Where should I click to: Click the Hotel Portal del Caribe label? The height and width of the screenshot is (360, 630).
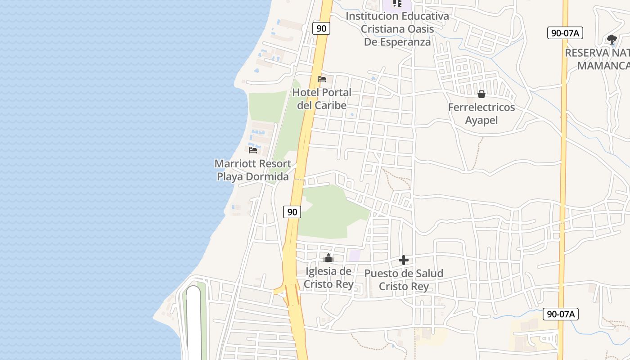pos(322,99)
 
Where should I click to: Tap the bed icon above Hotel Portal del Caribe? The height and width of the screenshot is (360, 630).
pos(322,79)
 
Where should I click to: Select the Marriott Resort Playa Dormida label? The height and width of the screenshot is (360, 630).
pos(253,170)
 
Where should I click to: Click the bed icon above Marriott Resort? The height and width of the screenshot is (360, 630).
pos(253,150)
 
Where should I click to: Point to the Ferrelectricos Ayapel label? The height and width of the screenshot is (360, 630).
pos(481,114)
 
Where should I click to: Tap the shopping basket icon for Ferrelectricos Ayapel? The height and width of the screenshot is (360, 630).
pos(481,94)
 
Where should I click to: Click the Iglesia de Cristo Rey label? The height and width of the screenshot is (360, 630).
pos(328,278)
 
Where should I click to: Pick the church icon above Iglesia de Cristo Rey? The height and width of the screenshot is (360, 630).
pos(328,258)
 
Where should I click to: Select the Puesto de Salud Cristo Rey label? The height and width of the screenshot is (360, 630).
pos(404,280)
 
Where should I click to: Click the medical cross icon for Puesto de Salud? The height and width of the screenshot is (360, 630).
pos(404,260)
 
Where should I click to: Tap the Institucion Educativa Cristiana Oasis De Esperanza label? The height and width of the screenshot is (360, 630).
pos(397,29)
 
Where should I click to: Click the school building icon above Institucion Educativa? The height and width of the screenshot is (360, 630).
pos(397,4)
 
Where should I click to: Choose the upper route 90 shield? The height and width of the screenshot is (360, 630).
pos(321,28)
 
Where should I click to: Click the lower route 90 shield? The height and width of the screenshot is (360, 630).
pos(292,212)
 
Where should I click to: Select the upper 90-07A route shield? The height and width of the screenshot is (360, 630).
pos(565,33)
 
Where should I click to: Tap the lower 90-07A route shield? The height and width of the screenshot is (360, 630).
pos(560,314)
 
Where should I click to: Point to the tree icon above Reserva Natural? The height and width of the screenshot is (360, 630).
pos(612,39)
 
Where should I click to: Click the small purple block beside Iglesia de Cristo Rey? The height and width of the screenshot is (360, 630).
pos(355,256)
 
